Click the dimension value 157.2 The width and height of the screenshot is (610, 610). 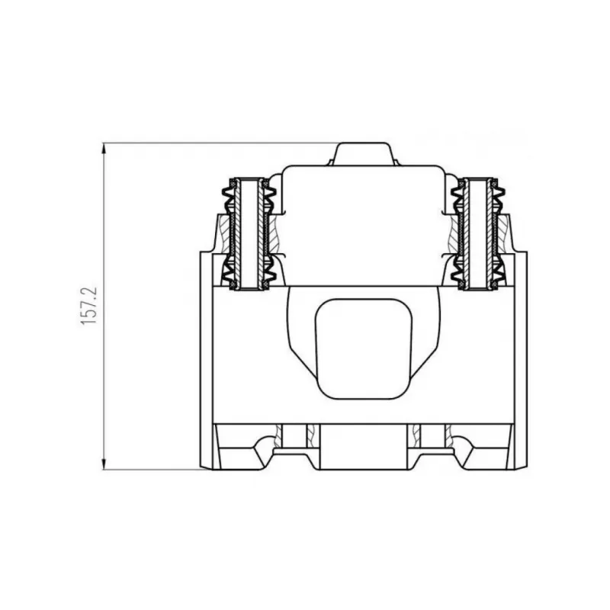(88, 307)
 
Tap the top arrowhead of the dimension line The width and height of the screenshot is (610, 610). (104, 149)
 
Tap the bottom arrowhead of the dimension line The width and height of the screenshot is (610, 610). (104, 464)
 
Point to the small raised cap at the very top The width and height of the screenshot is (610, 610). (364, 154)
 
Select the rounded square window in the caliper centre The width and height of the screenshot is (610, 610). (364, 349)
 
